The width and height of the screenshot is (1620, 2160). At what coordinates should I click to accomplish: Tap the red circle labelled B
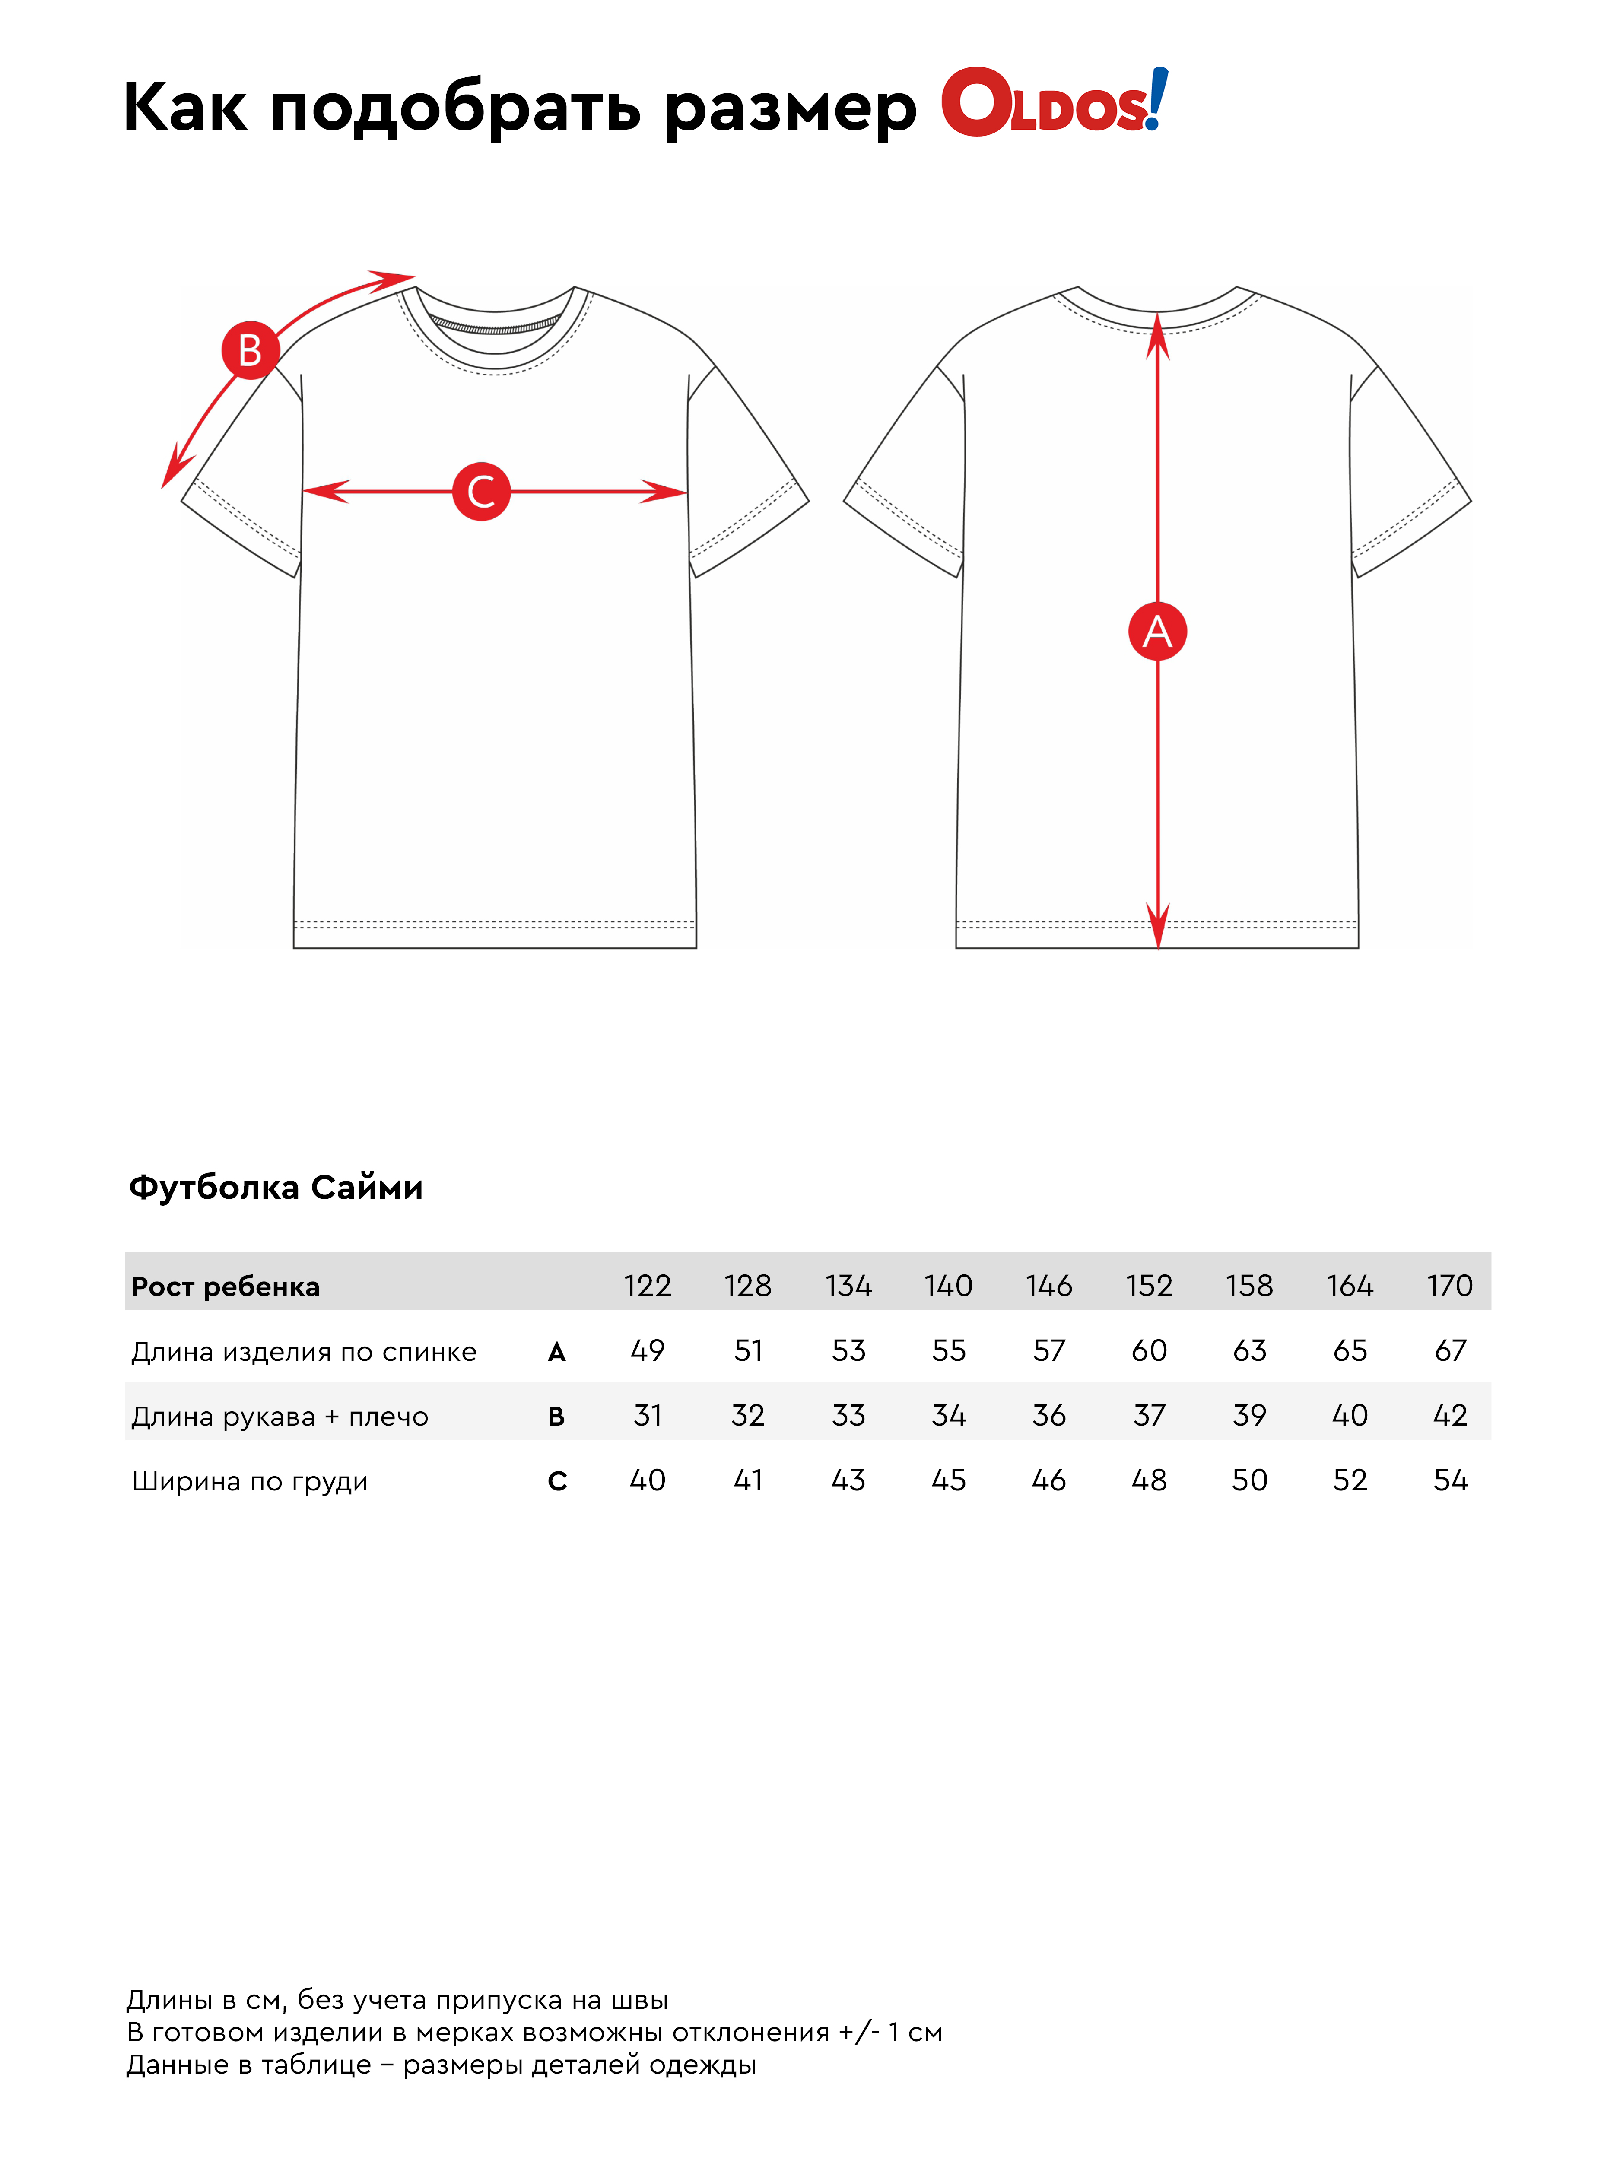tap(250, 349)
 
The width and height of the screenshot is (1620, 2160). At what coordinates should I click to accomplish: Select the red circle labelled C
tap(481, 491)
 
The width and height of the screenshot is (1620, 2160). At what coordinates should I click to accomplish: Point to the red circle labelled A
tap(1157, 631)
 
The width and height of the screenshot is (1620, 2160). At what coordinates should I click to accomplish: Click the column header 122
tap(648, 1285)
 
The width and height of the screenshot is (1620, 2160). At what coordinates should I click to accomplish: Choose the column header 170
tap(1450, 1285)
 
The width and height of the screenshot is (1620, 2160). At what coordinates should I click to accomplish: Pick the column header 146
tap(1049, 1285)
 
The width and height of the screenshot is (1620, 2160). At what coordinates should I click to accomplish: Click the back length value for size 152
tap(1149, 1350)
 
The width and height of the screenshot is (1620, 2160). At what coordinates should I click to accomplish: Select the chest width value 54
tap(1450, 1480)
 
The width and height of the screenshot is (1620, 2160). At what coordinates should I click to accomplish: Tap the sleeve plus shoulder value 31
tap(648, 1415)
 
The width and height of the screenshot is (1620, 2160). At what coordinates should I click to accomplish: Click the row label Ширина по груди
tap(250, 1481)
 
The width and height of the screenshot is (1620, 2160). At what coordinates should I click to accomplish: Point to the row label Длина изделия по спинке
tap(304, 1351)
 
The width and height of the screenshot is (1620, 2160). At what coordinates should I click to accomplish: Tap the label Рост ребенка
tap(226, 1287)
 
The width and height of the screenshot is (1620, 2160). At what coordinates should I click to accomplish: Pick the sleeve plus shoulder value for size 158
tap(1250, 1415)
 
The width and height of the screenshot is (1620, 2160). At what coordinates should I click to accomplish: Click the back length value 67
tap(1450, 1350)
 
